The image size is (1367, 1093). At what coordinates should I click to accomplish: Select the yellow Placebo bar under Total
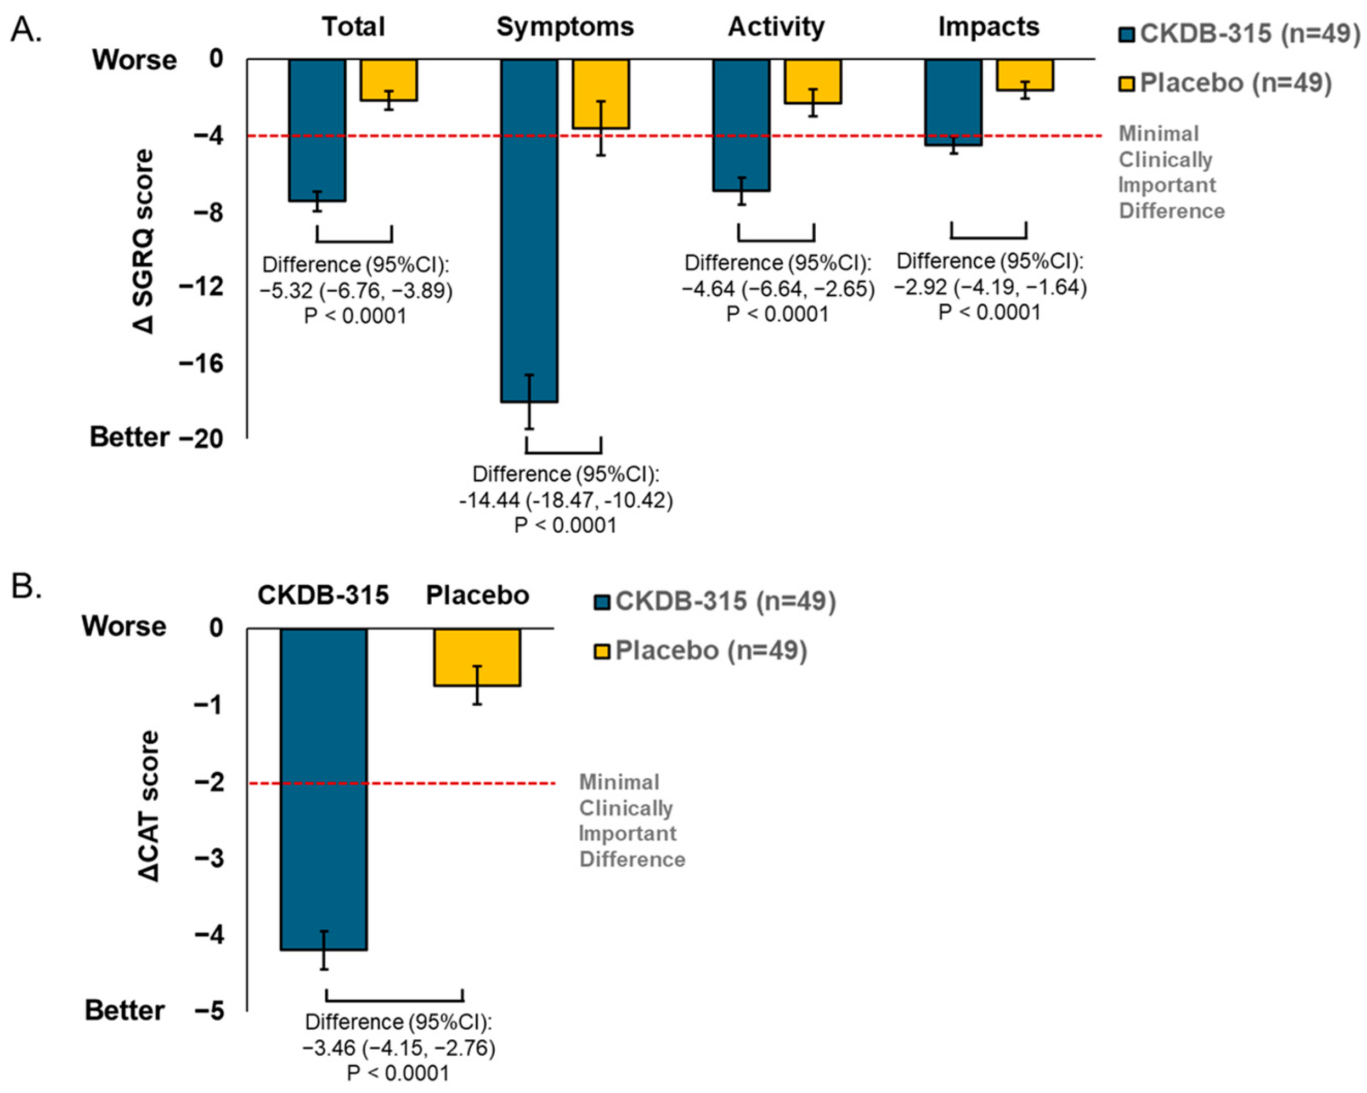389,80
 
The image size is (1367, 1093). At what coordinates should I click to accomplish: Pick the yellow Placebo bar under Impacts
1025,75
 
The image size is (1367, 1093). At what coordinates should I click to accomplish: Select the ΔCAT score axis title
149,806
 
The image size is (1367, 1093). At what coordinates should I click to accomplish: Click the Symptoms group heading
565,27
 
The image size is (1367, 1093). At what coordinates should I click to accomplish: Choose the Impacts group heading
988,27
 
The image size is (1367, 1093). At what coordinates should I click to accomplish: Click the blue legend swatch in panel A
1127,34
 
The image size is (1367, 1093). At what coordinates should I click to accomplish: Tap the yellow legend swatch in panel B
602,651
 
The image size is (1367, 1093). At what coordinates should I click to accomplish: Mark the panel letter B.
27,588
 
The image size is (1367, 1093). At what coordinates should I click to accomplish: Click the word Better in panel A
129,438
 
